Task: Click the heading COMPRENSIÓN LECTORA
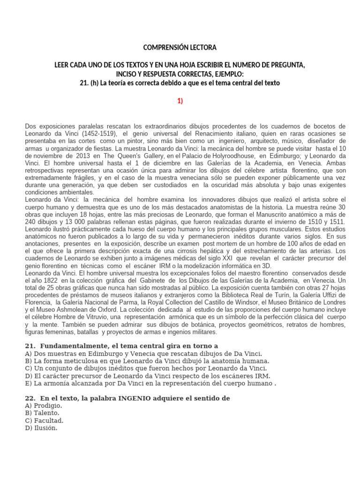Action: click(x=180, y=48)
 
